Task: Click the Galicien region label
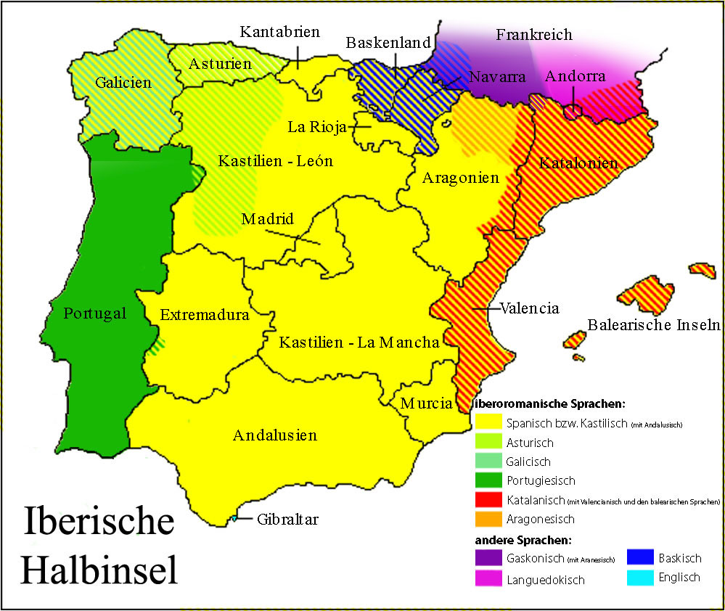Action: click(x=123, y=82)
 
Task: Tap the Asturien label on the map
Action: click(x=220, y=64)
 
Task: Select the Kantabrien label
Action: click(x=279, y=32)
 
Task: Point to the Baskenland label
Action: click(x=388, y=43)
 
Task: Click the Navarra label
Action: click(x=496, y=78)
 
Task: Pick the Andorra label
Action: click(x=575, y=76)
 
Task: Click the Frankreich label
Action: click(x=533, y=35)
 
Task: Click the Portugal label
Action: click(x=95, y=313)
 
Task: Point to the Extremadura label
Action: click(x=205, y=315)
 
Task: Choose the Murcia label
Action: click(x=426, y=403)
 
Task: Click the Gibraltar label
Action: click(x=287, y=520)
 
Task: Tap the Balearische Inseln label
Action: click(x=653, y=324)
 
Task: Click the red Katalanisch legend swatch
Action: click(x=488, y=500)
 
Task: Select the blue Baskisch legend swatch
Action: click(x=639, y=559)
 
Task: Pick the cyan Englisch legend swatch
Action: click(x=639, y=578)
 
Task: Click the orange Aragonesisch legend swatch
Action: click(x=488, y=519)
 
